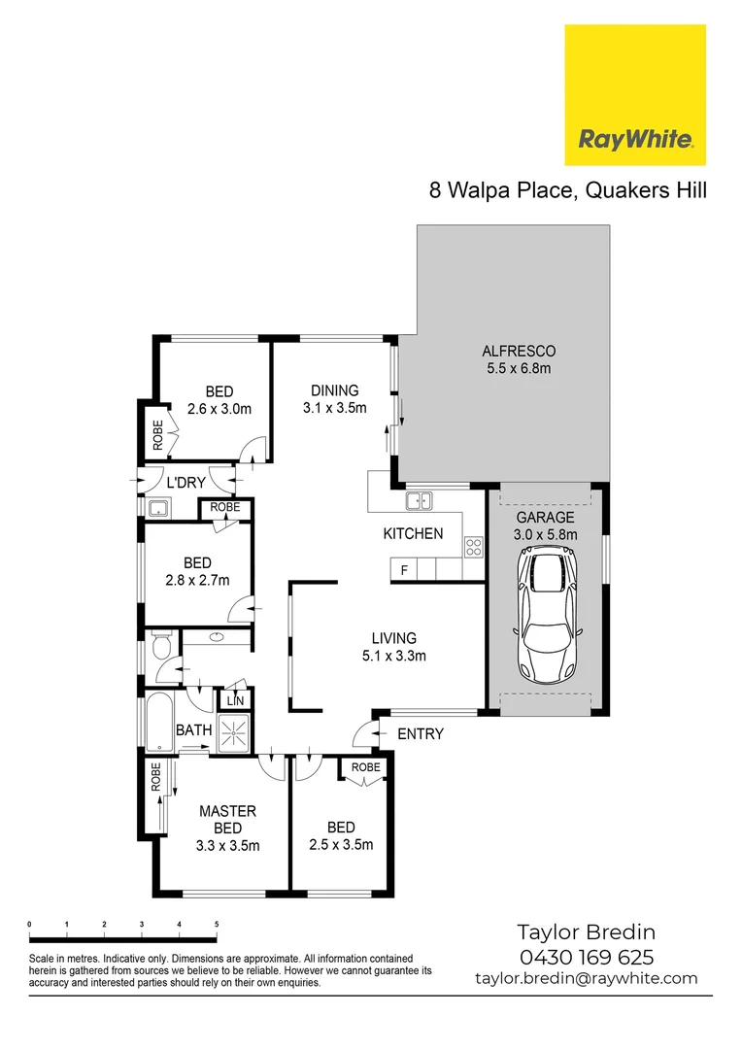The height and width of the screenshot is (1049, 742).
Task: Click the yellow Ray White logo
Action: click(635, 94)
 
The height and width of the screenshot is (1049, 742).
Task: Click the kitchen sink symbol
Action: click(420, 501)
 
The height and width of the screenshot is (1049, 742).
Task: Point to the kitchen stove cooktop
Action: click(474, 547)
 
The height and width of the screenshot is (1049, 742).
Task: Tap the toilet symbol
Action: click(161, 645)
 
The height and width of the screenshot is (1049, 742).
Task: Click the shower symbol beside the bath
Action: click(233, 732)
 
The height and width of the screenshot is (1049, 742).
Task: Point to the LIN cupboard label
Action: click(234, 699)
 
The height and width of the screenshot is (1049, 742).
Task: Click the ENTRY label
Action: click(421, 733)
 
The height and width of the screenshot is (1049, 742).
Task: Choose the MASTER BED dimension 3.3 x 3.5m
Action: click(227, 845)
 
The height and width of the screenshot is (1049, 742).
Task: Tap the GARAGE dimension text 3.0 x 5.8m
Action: click(545, 534)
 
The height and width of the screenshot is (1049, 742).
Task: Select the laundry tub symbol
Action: click(158, 507)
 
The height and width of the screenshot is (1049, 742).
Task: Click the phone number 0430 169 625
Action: click(588, 958)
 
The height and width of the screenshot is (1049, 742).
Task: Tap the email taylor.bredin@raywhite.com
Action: click(587, 978)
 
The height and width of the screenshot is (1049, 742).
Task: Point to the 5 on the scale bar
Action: click(216, 924)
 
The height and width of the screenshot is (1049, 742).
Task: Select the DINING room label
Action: click(334, 390)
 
